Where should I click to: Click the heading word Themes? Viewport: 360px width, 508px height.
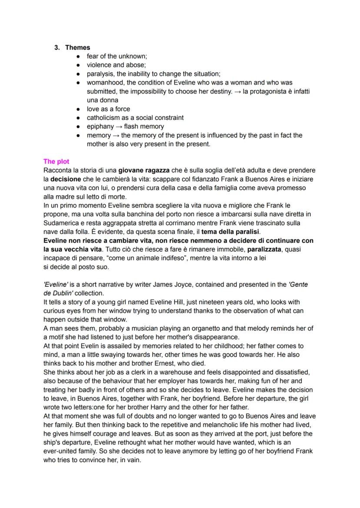pos(77,47)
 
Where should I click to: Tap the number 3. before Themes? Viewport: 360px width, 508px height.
pos(57,47)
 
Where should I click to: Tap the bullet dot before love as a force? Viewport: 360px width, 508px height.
pos(78,109)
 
